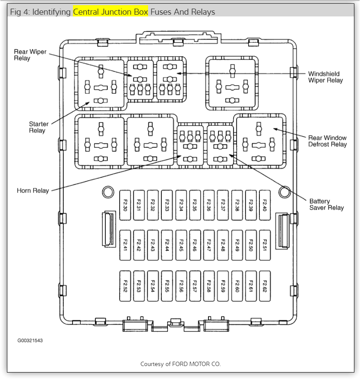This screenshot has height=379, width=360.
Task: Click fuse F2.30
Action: [x=125, y=202]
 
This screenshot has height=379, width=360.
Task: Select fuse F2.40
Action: [x=265, y=202]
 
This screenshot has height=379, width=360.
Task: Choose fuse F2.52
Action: [x=125, y=286]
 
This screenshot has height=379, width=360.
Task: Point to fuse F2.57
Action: [x=195, y=286]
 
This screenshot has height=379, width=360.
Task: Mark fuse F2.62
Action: [x=265, y=286]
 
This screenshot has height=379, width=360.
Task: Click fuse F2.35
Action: [x=195, y=202]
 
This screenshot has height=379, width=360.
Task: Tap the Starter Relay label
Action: [x=39, y=127]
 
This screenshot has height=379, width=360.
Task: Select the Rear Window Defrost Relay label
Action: [x=327, y=141]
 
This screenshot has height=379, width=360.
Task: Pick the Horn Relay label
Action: [x=33, y=190]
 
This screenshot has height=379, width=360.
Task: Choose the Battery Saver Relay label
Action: [x=326, y=204]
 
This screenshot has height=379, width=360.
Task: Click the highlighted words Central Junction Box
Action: [x=111, y=12]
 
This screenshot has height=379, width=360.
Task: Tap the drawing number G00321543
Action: [x=30, y=341]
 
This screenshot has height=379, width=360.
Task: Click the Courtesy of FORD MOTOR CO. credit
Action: [x=180, y=364]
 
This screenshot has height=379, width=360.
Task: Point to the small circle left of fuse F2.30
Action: [x=107, y=192]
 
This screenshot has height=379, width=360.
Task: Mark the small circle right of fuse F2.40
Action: [x=284, y=192]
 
